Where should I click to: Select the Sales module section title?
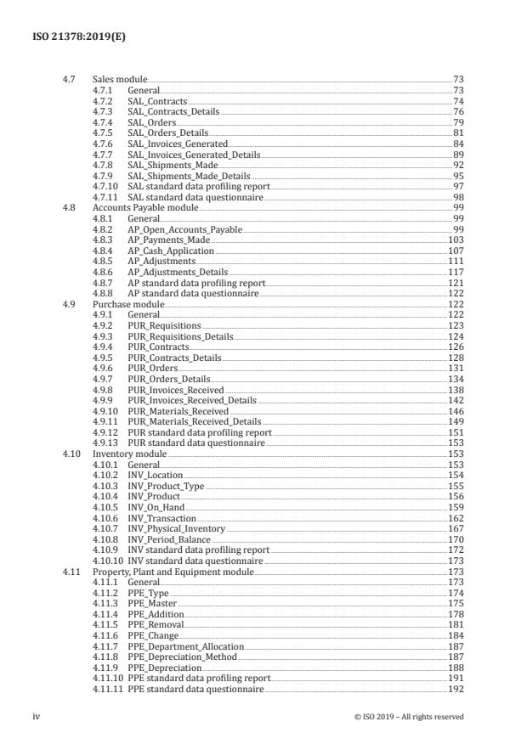(120, 79)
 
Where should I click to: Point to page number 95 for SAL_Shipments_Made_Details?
(458, 175)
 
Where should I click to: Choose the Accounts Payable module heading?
(144, 207)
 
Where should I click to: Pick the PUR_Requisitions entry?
(164, 326)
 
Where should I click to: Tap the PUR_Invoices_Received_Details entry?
(191, 401)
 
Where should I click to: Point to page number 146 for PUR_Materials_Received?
(456, 411)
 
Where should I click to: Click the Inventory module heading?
(129, 454)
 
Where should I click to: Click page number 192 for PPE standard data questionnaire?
(456, 690)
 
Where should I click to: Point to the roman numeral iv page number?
(37, 717)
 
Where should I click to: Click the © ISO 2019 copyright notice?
(409, 717)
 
